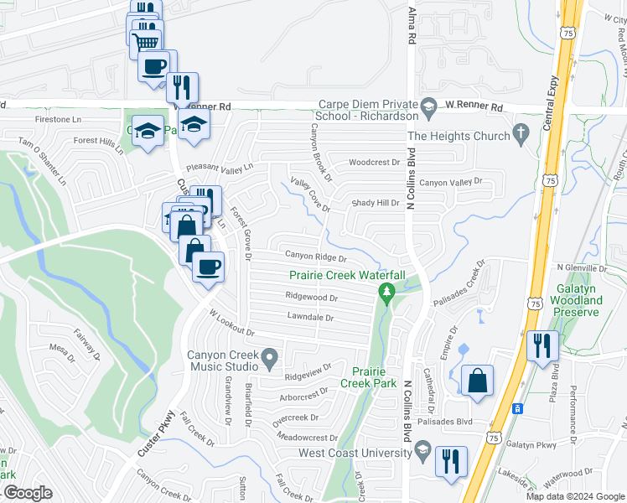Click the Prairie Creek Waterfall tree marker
386,293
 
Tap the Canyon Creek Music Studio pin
270,360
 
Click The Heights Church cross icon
521,132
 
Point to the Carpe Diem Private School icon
429,106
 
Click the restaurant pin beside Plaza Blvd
542,345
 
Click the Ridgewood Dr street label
311,297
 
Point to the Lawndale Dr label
310,318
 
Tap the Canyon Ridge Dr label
316,257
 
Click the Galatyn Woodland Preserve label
578,299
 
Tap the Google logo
27,493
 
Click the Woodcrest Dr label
375,162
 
